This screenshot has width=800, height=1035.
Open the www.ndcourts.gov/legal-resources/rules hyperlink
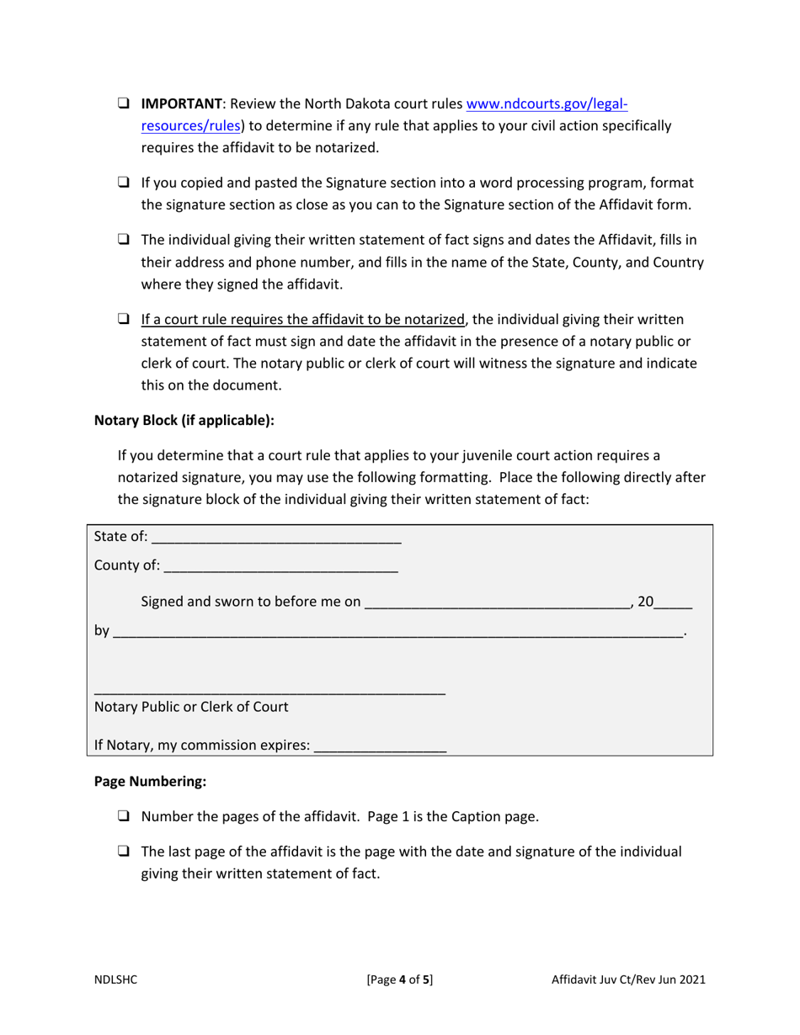coord(547,105)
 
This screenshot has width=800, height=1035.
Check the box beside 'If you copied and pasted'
coord(123,183)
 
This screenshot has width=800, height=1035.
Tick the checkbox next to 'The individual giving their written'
coord(123,241)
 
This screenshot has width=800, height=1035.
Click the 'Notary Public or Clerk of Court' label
coord(191,707)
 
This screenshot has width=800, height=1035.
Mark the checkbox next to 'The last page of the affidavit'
coord(123,852)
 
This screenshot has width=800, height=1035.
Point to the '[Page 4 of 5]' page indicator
coord(400,979)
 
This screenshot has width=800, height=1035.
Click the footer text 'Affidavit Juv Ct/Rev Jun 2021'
coord(628,979)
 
